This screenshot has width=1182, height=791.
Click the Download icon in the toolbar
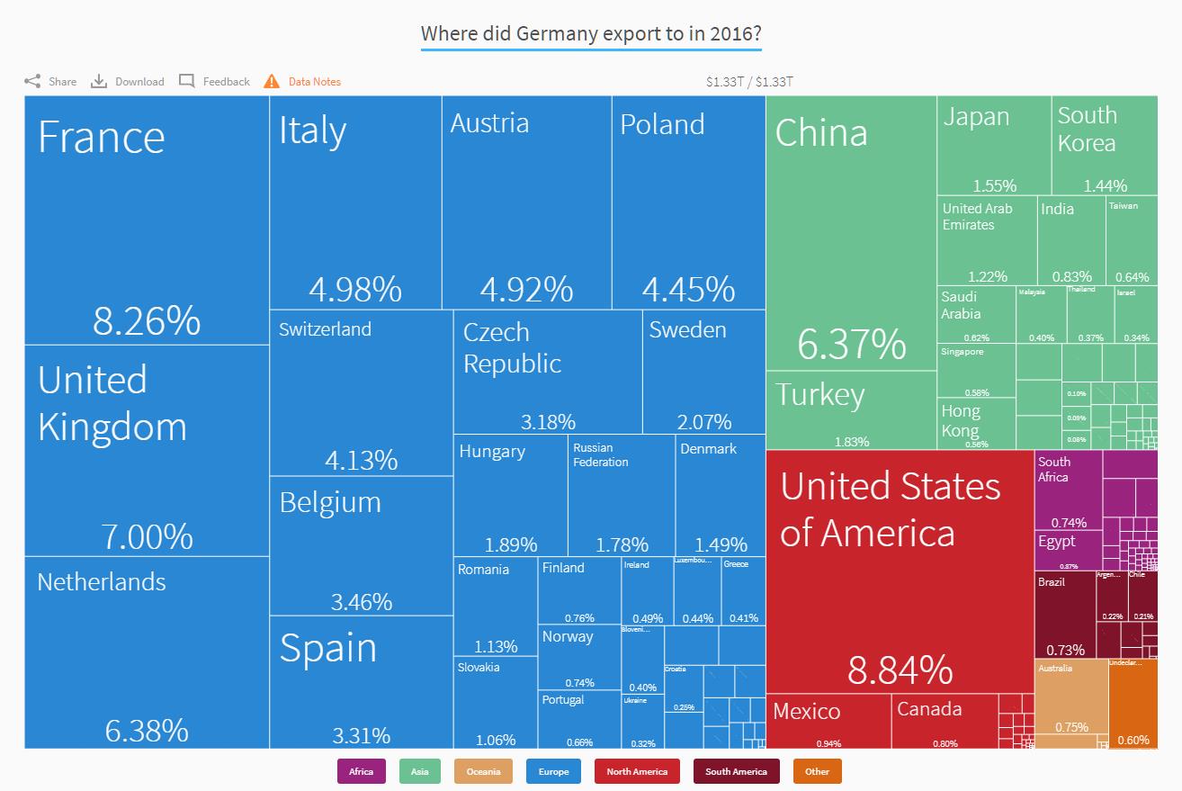pyautogui.click(x=99, y=81)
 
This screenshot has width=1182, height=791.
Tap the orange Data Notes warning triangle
pyautogui.click(x=272, y=81)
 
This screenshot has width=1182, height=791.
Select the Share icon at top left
pyautogui.click(x=32, y=81)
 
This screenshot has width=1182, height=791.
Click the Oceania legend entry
pyautogui.click(x=483, y=771)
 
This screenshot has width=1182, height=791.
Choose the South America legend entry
pyautogui.click(x=736, y=771)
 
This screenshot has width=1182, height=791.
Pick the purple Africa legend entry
pyautogui.click(x=361, y=771)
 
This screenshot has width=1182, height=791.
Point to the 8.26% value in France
pyautogui.click(x=147, y=320)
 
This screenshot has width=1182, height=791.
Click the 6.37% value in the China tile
pyautogui.click(x=851, y=344)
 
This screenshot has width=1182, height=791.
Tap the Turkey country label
pyautogui.click(x=819, y=395)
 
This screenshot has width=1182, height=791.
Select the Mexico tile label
pyautogui.click(x=806, y=711)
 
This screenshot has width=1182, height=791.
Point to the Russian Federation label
pyautogui.click(x=600, y=454)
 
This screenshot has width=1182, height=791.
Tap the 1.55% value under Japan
pyautogui.click(x=994, y=185)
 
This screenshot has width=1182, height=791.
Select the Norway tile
pyautogui.click(x=579, y=657)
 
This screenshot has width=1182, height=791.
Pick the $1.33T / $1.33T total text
pyautogui.click(x=749, y=82)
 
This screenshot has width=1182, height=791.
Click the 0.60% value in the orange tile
pyautogui.click(x=1133, y=740)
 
